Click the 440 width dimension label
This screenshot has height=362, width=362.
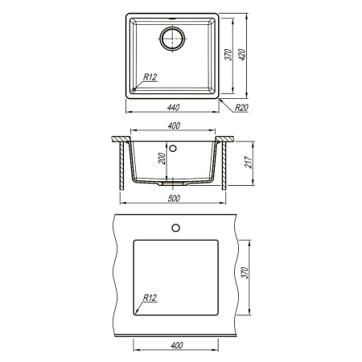coord(173,107)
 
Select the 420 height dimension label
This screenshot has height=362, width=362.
coord(242,55)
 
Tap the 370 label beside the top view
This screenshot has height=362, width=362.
coord(228,55)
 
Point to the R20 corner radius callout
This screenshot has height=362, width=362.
coord(241,108)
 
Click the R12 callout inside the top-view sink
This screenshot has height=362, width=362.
coord(150,77)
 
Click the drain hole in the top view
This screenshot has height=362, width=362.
coord(172,39)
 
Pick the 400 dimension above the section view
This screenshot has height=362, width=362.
coord(174,125)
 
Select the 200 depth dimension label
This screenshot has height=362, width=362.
coord(162,158)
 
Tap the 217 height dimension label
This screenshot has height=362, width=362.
coord(248,162)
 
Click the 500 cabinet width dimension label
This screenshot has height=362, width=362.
coord(174,199)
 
